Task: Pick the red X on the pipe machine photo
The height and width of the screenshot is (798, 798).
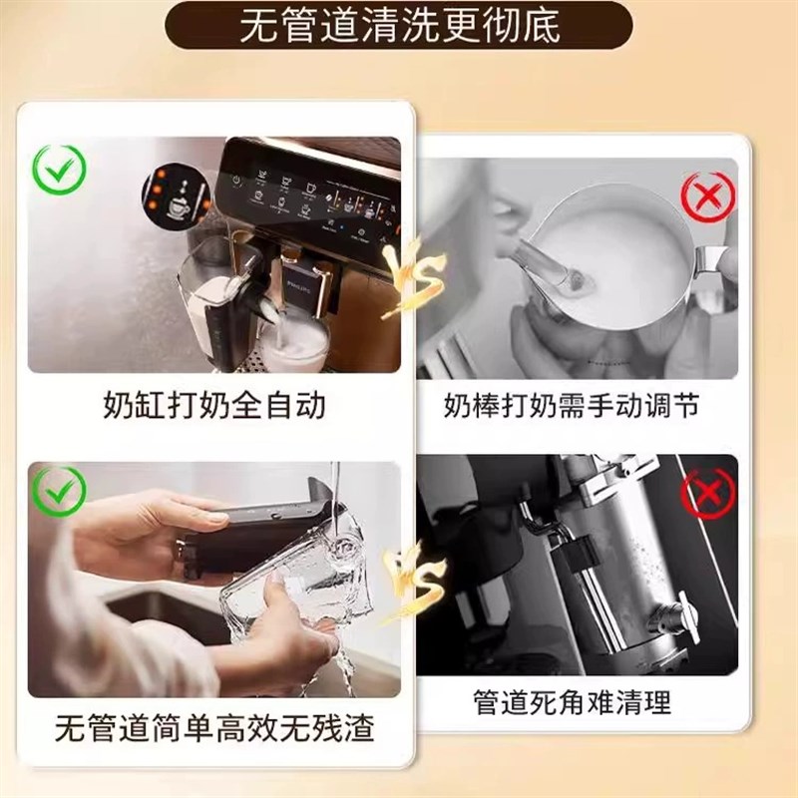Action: coord(707,492)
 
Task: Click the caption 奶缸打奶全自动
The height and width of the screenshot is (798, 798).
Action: coord(213,405)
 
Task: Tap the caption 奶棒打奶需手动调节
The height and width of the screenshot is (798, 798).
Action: coord(572,406)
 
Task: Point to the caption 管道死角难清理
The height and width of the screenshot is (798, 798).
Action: coord(572,702)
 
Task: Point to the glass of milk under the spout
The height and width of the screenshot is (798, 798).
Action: coord(299,344)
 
